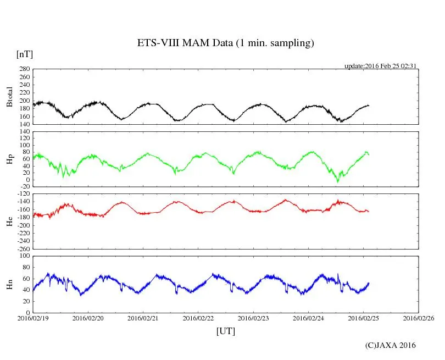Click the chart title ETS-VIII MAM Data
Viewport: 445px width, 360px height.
[225, 43]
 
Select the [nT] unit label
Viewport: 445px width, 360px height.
[25, 54]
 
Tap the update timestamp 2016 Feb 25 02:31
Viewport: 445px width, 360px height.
[380, 66]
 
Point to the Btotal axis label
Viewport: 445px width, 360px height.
[9, 97]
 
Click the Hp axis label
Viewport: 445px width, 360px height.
[9, 159]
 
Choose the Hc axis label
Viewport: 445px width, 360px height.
[9, 221]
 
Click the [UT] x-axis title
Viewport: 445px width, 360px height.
[225, 331]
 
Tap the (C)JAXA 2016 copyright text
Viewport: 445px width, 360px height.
[390, 345]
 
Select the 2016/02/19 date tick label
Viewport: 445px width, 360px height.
[33, 318]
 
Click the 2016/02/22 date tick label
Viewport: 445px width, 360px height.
[198, 318]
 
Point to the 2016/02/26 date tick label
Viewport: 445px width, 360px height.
[419, 318]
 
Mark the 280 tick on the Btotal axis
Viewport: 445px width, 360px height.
[23, 69]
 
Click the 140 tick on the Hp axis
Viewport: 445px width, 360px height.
[23, 132]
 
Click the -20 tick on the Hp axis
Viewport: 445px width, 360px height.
[23, 187]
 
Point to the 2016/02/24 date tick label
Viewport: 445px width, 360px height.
[308, 318]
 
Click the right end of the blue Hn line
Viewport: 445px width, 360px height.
[369, 283]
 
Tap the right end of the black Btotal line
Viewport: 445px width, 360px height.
[369, 105]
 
